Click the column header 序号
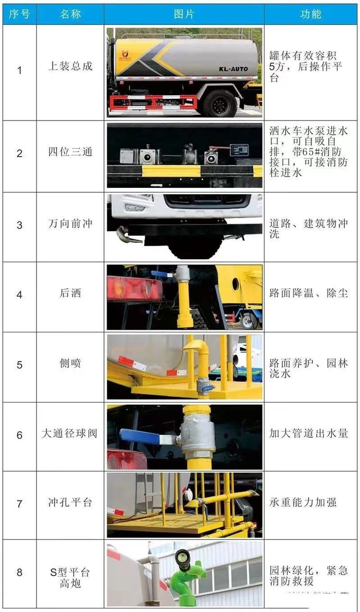pos(19,14)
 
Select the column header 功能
pos(311,14)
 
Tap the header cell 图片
pos(184,14)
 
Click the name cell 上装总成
pos(71,66)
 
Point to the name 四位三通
pos(71,152)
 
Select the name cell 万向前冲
pos(71,223)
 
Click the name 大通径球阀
pos(70,433)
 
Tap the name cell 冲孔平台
pos(70,502)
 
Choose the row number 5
pos(19,365)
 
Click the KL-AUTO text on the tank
pos(233,69)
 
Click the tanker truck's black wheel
pos(220,103)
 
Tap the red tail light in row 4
pos(134,289)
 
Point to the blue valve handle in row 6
pos(140,435)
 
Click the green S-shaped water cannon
pos(187,573)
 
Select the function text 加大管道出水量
pos(309,433)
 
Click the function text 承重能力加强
pos(303,502)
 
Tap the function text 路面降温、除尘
pos(309,293)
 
